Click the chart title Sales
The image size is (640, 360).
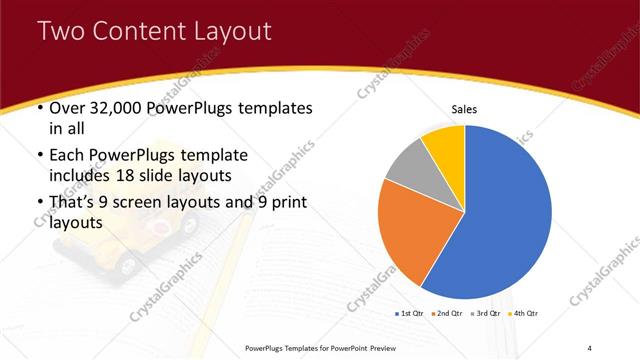tap(465, 108)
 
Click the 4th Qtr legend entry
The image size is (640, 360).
tap(525, 314)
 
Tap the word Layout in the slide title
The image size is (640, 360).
tap(225, 32)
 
